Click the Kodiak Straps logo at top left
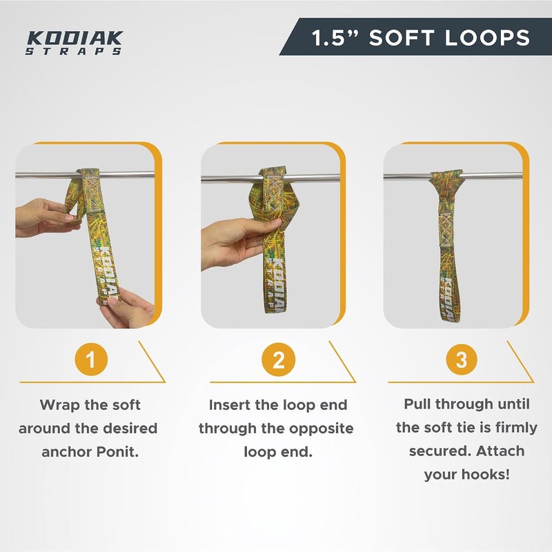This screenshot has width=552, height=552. [x=75, y=43]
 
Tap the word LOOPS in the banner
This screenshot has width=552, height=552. [x=488, y=38]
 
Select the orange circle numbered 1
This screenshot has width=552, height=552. [x=91, y=359]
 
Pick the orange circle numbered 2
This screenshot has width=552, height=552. [x=278, y=359]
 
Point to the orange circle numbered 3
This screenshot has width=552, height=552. [x=462, y=359]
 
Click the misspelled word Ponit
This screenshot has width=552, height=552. [x=117, y=452]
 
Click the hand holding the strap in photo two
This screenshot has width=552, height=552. [x=239, y=242]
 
